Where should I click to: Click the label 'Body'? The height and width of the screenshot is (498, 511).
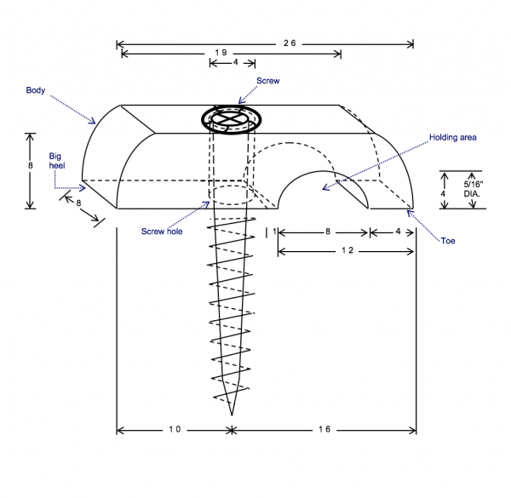pyautogui.click(x=35, y=89)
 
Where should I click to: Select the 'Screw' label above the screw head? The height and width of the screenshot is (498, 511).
pyautogui.click(x=269, y=82)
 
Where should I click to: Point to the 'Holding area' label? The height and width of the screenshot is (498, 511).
pyautogui.click(x=452, y=136)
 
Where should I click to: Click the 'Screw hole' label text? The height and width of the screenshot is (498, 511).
pyautogui.click(x=164, y=231)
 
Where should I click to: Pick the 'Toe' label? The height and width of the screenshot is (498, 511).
pyautogui.click(x=448, y=242)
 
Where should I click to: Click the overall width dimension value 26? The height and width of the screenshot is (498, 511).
pyautogui.click(x=289, y=43)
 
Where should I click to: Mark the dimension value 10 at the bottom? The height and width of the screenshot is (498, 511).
pyautogui.click(x=172, y=430)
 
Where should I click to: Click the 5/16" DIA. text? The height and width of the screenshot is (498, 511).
pyautogui.click(x=472, y=188)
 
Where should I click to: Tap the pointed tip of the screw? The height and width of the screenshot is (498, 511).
pyautogui.click(x=232, y=414)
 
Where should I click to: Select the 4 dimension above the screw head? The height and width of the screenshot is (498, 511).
pyautogui.click(x=235, y=62)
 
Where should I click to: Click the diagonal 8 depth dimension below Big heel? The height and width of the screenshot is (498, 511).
pyautogui.click(x=79, y=203)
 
